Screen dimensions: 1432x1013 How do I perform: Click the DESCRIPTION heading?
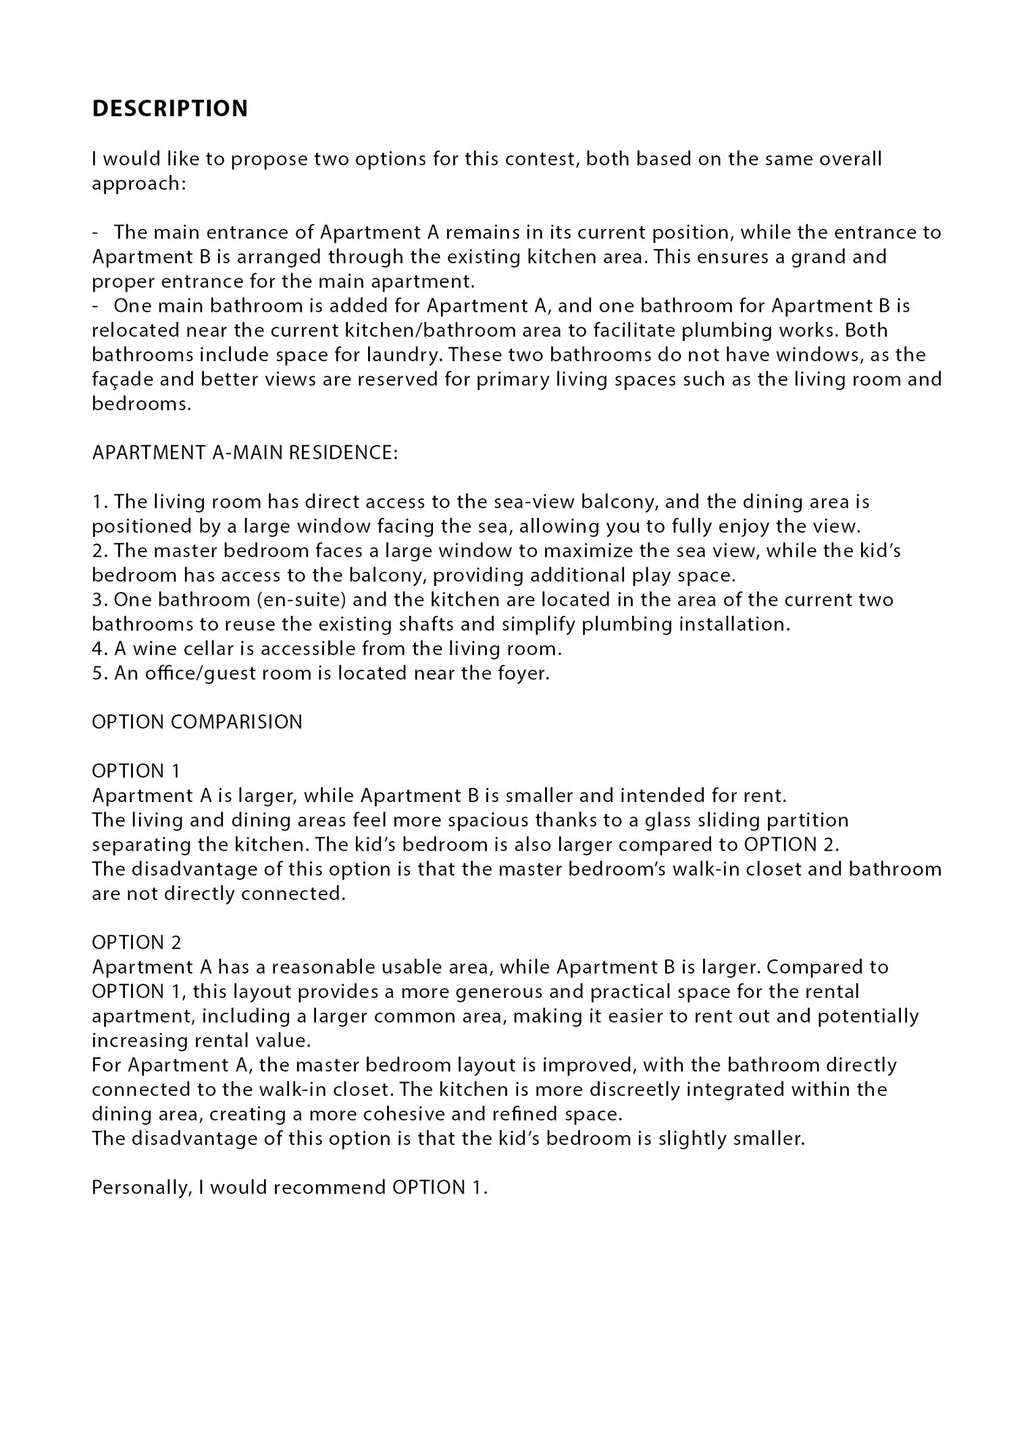coord(170,109)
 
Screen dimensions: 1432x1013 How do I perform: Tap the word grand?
coord(813,257)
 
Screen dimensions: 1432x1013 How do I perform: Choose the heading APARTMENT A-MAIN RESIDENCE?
coord(244,452)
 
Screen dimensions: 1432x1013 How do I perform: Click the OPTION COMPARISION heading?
coord(197,722)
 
